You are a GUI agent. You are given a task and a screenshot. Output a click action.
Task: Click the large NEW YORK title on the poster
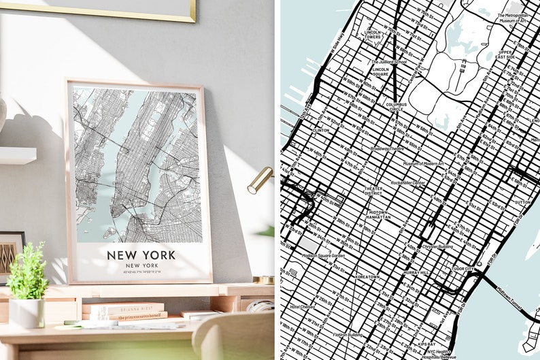click(141, 255)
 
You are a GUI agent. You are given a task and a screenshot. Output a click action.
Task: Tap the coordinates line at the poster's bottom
click(141, 272)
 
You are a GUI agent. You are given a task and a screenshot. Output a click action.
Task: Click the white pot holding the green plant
click(27, 312)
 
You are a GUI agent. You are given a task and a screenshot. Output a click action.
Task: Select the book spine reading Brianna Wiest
click(123, 308)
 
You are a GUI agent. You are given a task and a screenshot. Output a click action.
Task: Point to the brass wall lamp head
click(259, 180)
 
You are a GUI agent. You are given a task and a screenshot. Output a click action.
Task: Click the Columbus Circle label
click(395, 106)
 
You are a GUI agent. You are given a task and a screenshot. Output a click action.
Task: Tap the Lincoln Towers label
click(373, 34)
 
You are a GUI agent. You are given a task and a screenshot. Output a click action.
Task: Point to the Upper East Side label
click(505, 54)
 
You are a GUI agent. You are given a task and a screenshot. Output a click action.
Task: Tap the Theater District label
click(373, 191)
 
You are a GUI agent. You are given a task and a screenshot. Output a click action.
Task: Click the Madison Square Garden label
click(323, 255)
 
